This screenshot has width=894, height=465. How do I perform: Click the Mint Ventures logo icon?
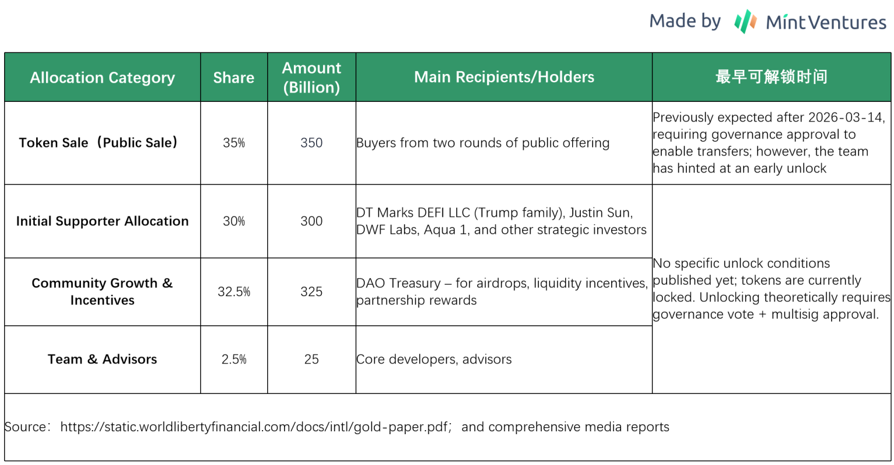click(745, 22)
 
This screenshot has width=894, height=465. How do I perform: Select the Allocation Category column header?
click(102, 77)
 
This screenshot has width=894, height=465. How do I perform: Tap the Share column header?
click(234, 77)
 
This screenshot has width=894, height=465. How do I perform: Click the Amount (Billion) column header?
click(311, 77)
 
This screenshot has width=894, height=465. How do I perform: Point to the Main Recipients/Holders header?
click(504, 77)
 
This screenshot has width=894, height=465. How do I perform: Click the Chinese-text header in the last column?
click(771, 77)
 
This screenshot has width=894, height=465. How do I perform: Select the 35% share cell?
click(234, 143)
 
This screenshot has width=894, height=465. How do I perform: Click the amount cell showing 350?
click(311, 143)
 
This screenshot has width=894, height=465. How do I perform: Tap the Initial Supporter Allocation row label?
click(102, 221)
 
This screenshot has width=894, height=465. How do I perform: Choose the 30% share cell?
click(234, 221)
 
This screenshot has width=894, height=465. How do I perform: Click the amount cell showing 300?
click(311, 221)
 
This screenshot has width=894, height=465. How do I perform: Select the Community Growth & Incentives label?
click(102, 292)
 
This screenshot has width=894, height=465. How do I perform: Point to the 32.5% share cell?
click(234, 292)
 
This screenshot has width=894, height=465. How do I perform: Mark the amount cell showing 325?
click(311, 292)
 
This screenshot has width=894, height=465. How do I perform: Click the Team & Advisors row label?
click(102, 359)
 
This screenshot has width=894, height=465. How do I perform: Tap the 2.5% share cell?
click(234, 359)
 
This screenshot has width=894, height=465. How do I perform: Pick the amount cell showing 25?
click(311, 359)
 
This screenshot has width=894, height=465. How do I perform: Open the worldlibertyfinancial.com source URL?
click(254, 427)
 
